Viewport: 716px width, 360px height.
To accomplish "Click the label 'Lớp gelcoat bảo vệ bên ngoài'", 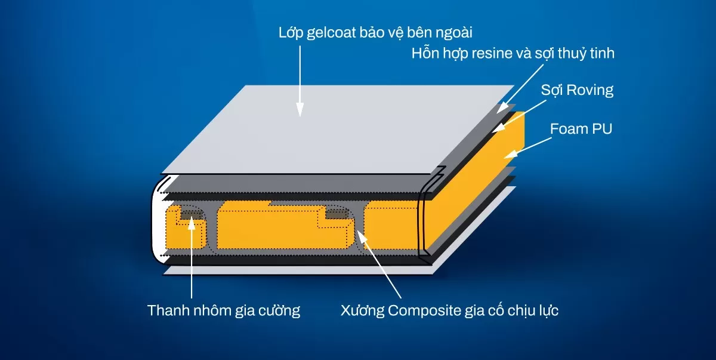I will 379,32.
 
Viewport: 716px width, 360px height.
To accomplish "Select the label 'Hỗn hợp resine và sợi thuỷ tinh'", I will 513,54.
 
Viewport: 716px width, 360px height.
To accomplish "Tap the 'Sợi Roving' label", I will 577,91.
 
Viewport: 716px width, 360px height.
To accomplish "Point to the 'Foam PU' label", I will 581,129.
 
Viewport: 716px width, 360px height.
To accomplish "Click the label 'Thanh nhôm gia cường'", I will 224,311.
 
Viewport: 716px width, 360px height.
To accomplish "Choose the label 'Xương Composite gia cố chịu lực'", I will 449,311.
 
